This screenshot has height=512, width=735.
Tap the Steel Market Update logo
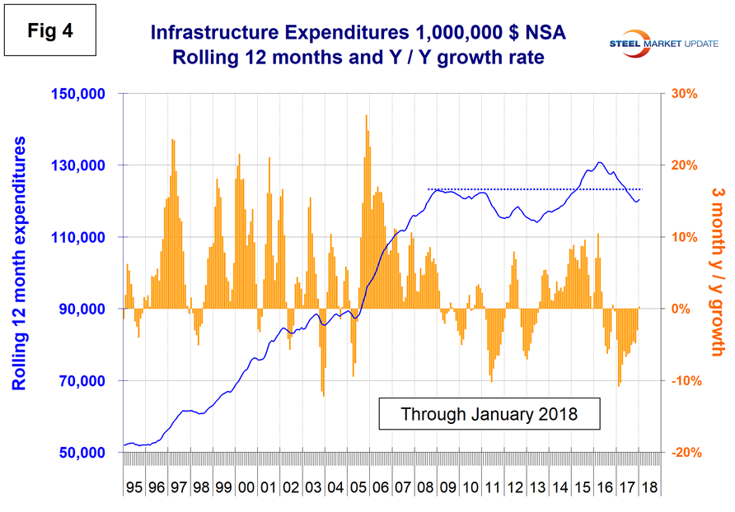tap(660, 40)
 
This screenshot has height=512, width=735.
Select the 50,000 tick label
tap(83, 453)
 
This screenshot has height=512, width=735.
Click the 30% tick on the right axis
tap(684, 94)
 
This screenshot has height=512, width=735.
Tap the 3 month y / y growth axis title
tap(715, 271)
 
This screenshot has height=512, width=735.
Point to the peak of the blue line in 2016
tap(599, 163)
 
